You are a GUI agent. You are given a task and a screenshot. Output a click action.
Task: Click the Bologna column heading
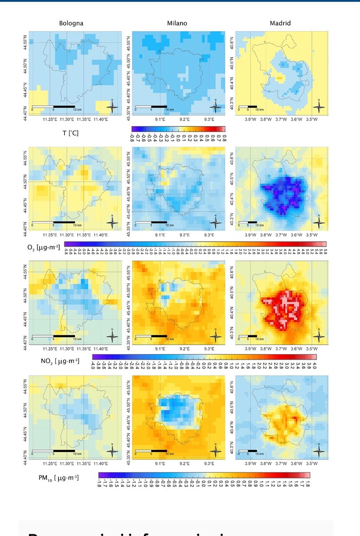click(x=71, y=23)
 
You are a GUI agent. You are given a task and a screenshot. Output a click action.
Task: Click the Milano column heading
click(x=177, y=23)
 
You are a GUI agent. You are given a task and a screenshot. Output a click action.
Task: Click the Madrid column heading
click(x=280, y=23)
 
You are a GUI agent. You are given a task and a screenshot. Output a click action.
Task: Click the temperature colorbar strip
click(x=179, y=129)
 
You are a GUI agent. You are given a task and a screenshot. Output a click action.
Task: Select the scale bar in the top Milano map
click(x=151, y=107)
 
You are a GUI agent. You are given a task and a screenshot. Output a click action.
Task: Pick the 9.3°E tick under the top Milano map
click(x=209, y=119)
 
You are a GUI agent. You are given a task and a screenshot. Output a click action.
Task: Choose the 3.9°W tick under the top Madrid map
click(x=250, y=119)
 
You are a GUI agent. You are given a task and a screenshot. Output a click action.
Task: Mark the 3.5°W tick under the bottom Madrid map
click(x=312, y=463)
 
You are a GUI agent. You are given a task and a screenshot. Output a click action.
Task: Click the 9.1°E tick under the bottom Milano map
click(x=160, y=463)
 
